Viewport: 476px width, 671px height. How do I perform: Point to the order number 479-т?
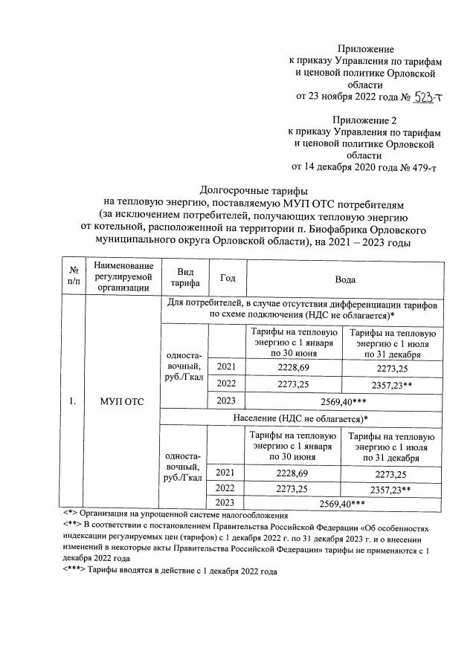[419, 167]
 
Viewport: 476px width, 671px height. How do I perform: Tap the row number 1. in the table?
[73, 402]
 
